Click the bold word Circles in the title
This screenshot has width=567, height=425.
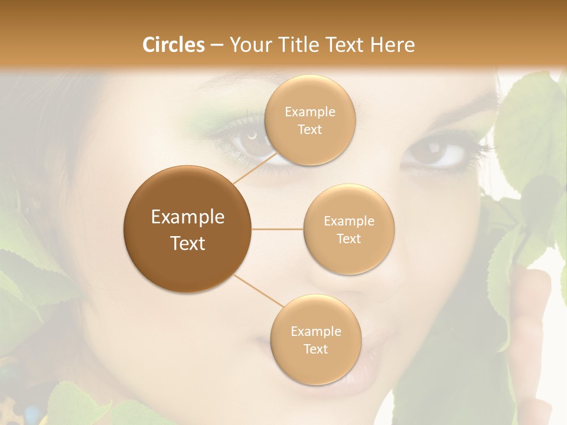(173, 45)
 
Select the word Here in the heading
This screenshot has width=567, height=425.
(392, 45)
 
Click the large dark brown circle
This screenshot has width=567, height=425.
(187, 228)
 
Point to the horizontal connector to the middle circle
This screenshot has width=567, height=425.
(278, 229)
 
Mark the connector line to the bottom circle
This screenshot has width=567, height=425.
(258, 290)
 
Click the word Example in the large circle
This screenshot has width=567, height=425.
(188, 217)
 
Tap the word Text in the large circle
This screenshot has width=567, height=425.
(188, 243)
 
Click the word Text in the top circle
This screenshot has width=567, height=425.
(309, 129)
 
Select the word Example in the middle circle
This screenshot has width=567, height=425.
(348, 221)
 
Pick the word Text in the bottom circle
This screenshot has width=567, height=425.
(315, 349)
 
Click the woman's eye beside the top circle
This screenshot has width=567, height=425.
(251, 142)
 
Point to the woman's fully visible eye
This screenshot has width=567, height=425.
(437, 153)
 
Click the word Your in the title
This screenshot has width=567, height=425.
(249, 45)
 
